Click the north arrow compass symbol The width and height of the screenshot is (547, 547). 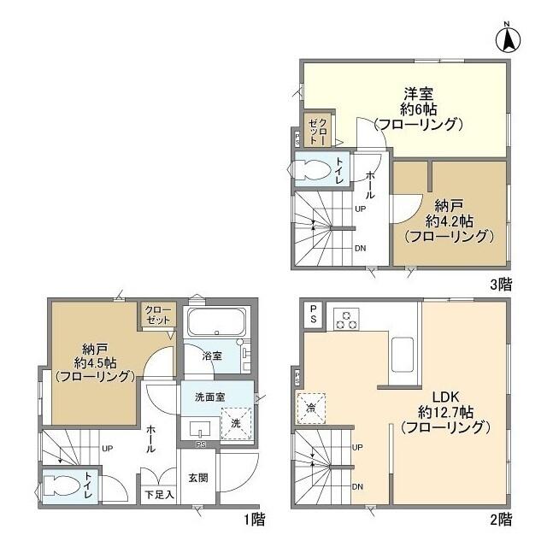point(508,38)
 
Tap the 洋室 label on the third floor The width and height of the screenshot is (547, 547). point(418,94)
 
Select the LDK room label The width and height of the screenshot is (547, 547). point(445,397)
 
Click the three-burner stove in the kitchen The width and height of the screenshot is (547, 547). point(346,319)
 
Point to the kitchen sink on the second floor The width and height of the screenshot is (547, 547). point(403,355)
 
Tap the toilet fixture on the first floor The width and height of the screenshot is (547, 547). point(63,485)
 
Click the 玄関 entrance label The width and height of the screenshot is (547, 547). point(198,478)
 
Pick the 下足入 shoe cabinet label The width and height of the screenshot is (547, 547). point(160,494)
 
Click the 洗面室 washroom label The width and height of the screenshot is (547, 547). point(209,397)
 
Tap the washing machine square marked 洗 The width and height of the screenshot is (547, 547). point(236,423)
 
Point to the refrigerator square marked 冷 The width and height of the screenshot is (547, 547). point(311,409)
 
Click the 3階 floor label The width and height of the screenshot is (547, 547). point(502,285)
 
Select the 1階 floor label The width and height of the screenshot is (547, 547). point(255,520)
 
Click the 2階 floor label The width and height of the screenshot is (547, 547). point(502,520)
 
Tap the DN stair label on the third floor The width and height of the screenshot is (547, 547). point(361,249)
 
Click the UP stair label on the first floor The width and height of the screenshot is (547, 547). point(107,449)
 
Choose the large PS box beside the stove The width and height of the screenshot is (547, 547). point(314,314)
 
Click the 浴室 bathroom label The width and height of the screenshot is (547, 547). point(212,356)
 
